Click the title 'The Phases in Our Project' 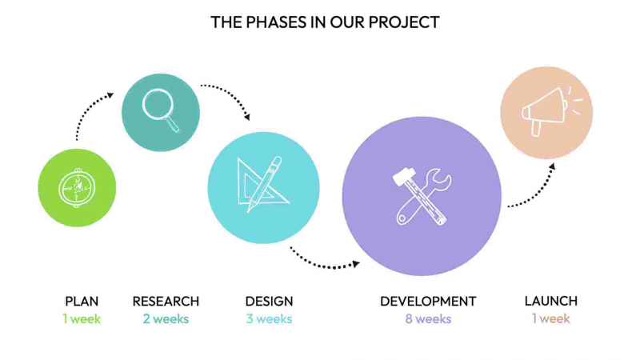[x=325, y=22]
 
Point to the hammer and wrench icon [x=422, y=196]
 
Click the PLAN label [x=82, y=302]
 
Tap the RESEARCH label [x=166, y=302]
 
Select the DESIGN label [x=269, y=302]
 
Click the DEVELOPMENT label [x=428, y=302]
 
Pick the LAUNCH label [x=550, y=302]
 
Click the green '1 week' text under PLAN [x=82, y=319]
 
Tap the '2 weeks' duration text [x=166, y=319]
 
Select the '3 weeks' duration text [x=269, y=319]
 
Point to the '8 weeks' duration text [x=428, y=319]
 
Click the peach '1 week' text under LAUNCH [x=550, y=319]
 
